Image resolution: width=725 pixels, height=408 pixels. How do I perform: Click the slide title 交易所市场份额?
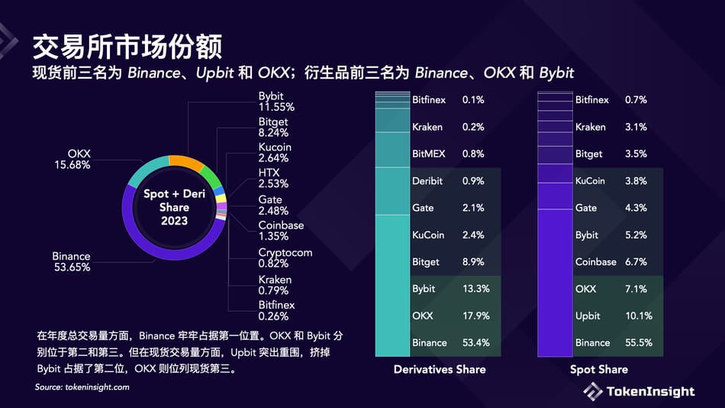127,47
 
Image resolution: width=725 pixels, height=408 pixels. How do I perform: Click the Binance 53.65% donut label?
71,261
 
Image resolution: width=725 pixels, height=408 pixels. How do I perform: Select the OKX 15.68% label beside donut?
72,159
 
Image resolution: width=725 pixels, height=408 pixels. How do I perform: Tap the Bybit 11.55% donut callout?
276,102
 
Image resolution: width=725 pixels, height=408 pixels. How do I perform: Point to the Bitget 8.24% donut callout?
273,128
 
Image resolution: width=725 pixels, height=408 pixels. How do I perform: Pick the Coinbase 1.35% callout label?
281,231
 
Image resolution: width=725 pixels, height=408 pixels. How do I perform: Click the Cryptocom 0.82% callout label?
285,257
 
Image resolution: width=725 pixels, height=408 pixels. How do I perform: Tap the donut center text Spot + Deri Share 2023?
174,207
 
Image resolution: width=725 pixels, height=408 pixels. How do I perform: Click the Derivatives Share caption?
440,369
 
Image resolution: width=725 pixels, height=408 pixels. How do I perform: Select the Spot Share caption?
599,369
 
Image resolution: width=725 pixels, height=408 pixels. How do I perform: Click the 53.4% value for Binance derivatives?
475,342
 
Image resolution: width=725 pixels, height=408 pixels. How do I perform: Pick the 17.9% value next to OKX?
475,316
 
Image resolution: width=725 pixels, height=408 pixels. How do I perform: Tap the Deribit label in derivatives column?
427,181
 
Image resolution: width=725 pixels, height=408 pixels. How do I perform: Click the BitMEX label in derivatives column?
428,154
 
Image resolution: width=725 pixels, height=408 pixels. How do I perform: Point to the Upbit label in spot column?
588,316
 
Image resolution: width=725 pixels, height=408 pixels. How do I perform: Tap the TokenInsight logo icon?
593,391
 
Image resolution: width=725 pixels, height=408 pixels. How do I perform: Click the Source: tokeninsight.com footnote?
82,387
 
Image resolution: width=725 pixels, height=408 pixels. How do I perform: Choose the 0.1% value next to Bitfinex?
473,100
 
